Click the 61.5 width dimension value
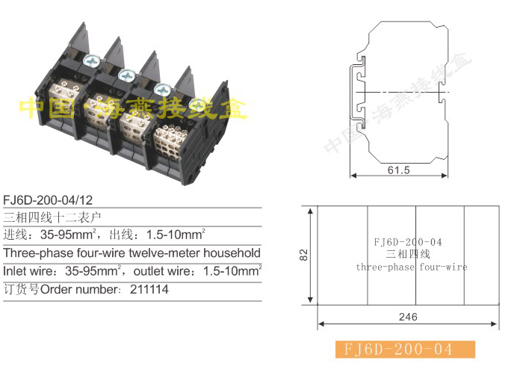(x=398, y=170)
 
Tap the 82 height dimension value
(x=303, y=255)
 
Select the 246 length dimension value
(x=408, y=317)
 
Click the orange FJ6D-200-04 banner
(x=405, y=350)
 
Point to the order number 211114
(x=149, y=289)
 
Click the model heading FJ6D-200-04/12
(x=48, y=200)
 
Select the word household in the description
(x=232, y=253)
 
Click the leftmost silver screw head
(x=91, y=61)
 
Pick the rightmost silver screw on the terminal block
(x=197, y=106)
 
